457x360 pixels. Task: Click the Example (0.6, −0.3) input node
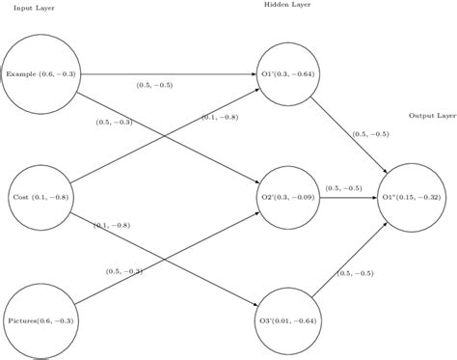tap(40, 73)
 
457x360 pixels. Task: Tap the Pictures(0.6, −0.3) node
tap(40, 319)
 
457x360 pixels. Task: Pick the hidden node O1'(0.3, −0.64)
tap(288, 73)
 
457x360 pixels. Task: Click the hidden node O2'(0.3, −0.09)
tap(288, 197)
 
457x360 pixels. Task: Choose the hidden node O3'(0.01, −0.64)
tap(288, 319)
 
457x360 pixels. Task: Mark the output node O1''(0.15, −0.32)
tap(411, 197)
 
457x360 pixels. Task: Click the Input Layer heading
tap(35, 9)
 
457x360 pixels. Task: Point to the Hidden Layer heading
tap(287, 5)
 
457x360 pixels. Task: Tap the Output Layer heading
tap(431, 115)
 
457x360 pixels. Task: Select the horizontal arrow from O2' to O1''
tap(348, 197)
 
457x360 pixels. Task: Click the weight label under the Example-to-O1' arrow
tap(154, 86)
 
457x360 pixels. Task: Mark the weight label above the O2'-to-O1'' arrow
tap(343, 187)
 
